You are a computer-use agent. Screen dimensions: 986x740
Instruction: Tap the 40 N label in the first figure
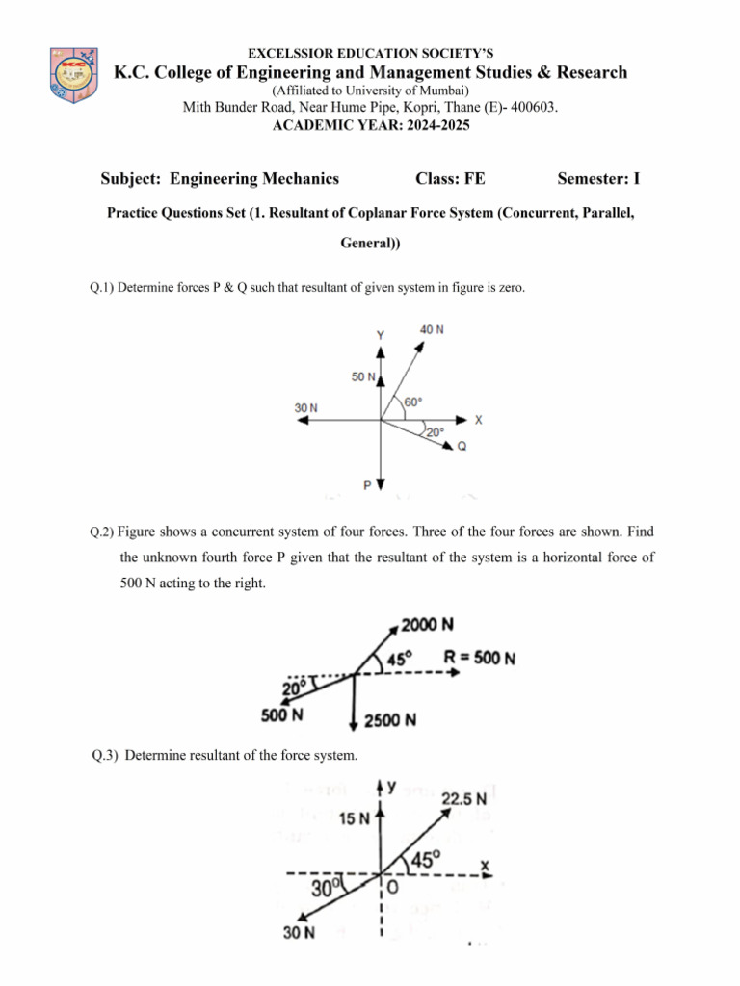pos(433,329)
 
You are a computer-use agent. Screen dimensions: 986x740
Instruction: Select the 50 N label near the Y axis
pos(363,376)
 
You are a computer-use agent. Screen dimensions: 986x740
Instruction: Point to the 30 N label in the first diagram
pos(305,408)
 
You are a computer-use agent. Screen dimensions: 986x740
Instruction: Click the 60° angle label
pos(412,402)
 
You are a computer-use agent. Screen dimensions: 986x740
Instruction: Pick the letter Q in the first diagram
pos(462,446)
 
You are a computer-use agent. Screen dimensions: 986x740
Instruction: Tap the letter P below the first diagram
pos(367,485)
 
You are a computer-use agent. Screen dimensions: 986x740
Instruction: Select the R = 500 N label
pos(479,659)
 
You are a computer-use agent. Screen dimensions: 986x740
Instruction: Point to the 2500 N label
pos(390,719)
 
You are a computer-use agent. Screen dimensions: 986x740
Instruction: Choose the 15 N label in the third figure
pos(356,819)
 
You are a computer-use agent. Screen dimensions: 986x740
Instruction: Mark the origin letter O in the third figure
pos(393,888)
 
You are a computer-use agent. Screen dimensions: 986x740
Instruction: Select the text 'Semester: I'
pos(598,178)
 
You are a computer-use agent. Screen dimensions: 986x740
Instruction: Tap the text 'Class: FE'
pos(450,178)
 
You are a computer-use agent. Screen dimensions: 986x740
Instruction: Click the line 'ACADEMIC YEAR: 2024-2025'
pos(370,125)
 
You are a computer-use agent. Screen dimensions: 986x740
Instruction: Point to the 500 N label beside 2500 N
pos(282,714)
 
